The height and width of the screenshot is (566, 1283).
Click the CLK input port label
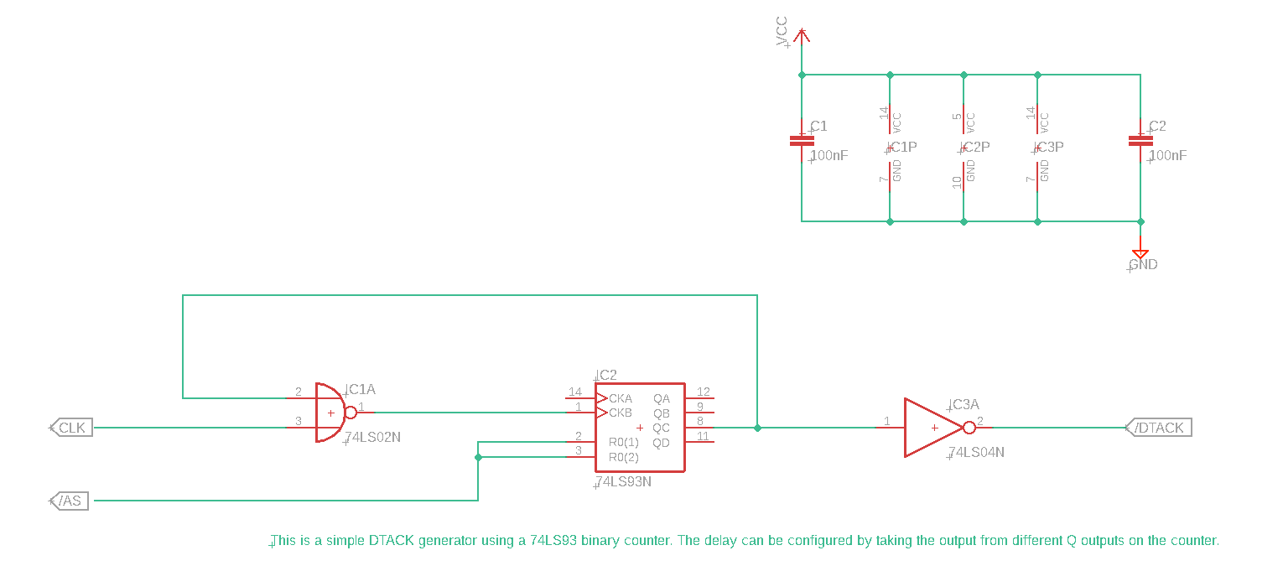(71, 428)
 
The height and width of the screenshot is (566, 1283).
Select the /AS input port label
(70, 501)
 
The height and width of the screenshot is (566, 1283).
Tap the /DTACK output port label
(1158, 428)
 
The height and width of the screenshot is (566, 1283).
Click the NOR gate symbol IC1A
(330, 413)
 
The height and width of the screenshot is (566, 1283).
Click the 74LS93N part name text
(623, 482)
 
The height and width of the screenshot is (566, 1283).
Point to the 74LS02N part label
(373, 437)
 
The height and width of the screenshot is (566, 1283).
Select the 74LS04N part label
(976, 452)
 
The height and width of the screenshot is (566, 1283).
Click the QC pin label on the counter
(662, 428)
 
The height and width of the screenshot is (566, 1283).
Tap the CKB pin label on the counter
(621, 413)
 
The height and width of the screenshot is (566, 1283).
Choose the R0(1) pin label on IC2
(624, 442)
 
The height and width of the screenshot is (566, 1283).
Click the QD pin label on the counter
(662, 443)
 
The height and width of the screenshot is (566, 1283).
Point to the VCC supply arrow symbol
(802, 35)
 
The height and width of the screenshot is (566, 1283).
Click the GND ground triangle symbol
(1140, 253)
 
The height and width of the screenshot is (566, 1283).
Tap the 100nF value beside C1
(829, 156)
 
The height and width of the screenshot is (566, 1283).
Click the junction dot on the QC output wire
(757, 428)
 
